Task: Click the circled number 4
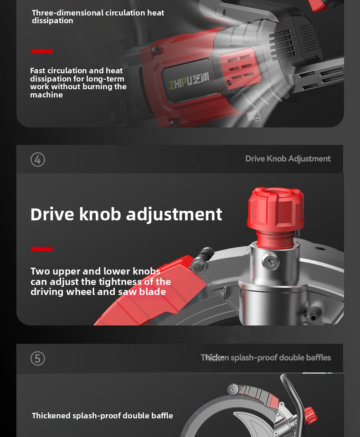tap(38, 160)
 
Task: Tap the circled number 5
tap(38, 358)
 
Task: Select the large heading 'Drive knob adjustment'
tap(126, 214)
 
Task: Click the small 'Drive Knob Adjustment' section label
tap(288, 158)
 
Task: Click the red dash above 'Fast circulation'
tap(42, 51)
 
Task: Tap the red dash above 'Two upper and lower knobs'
tap(42, 249)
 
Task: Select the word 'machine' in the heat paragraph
tap(46, 95)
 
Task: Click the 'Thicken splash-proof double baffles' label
tap(266, 358)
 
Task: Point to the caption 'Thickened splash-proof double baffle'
tap(103, 416)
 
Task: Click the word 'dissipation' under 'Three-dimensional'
tap(52, 21)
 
